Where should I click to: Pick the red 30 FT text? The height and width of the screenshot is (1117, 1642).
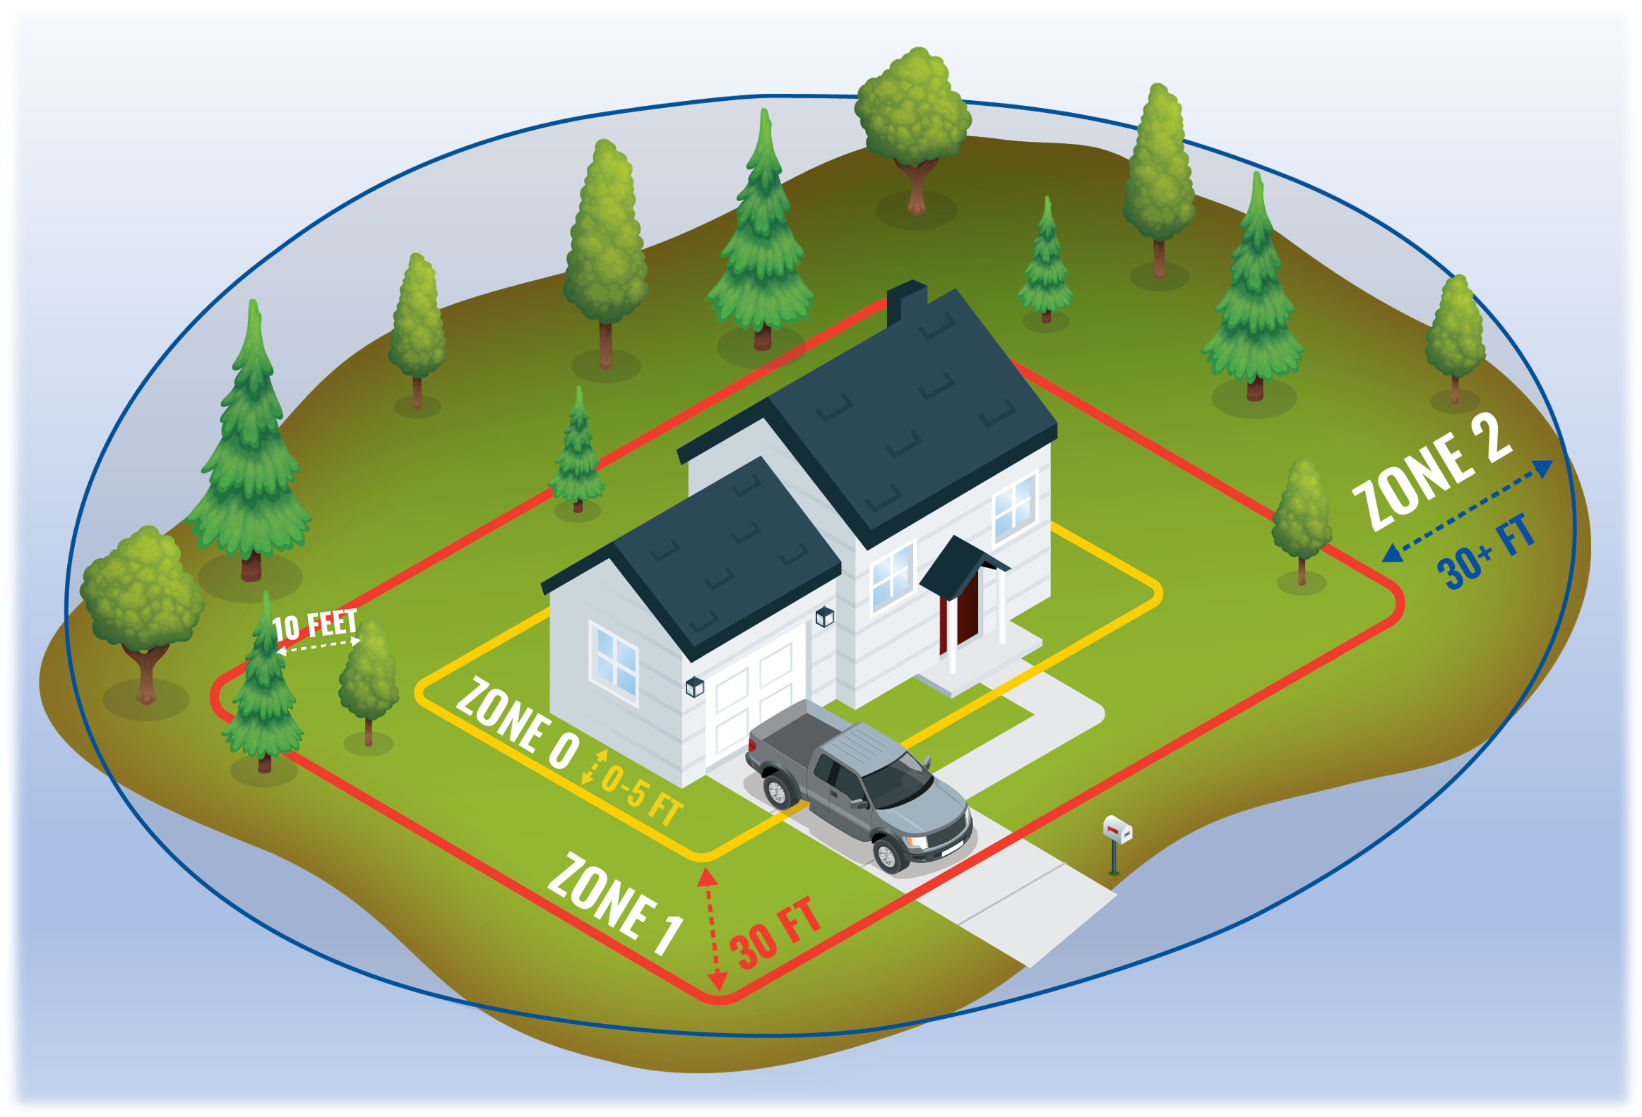[775, 933]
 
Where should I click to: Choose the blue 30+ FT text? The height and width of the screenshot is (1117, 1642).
[1487, 551]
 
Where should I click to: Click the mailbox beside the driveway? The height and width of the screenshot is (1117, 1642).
[1117, 845]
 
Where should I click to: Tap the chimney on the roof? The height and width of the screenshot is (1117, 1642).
[906, 301]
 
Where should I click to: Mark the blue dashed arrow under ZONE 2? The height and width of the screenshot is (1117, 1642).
[1468, 510]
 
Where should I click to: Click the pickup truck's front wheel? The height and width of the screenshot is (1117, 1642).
[886, 855]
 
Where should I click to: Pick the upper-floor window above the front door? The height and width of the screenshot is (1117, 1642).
[1014, 506]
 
